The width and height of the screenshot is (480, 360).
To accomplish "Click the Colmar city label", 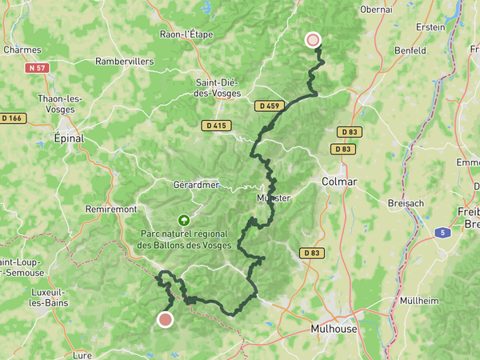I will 339,182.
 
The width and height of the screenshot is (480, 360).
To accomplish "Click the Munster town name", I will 274,198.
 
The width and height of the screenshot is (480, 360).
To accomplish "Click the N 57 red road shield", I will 37,68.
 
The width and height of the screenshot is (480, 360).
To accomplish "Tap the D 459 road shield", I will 270,106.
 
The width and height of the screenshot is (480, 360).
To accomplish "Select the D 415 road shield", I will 216,125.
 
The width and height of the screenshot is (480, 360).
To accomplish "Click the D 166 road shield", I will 14,118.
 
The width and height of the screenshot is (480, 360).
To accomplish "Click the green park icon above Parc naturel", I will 184,218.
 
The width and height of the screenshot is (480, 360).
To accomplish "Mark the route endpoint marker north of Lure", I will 165,320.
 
